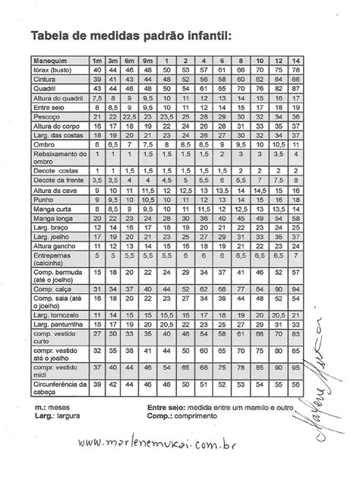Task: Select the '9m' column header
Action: pos(147,61)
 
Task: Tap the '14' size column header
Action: pos(295,61)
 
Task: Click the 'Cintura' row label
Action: pos(46,79)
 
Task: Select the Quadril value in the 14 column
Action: pos(295,88)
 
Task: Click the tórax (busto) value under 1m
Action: pos(97,70)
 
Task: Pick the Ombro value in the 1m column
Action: pos(97,144)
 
